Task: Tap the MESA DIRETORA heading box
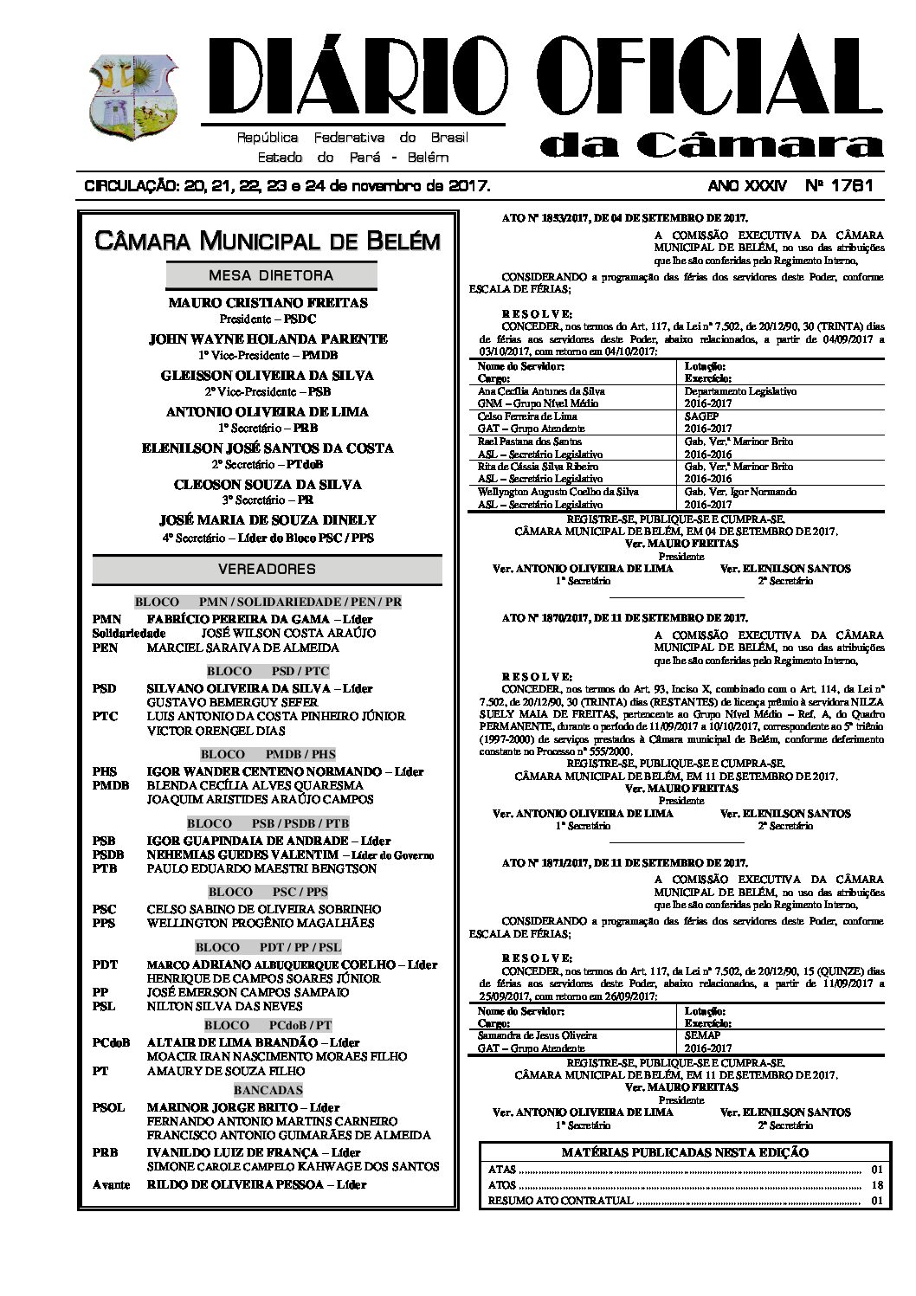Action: point(271,275)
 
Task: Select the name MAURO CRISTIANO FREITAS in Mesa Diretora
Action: point(268,303)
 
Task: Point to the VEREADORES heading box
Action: point(267,569)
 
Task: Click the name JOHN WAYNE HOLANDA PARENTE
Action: point(268,339)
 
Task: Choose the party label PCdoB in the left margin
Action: point(111,1042)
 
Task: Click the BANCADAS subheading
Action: point(268,1089)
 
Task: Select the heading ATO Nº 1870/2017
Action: point(624,618)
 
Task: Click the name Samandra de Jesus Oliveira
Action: point(537,1035)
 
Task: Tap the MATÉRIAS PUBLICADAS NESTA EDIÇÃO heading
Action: point(685,1152)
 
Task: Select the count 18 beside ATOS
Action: point(876,1185)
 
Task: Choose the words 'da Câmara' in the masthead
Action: point(710,145)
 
